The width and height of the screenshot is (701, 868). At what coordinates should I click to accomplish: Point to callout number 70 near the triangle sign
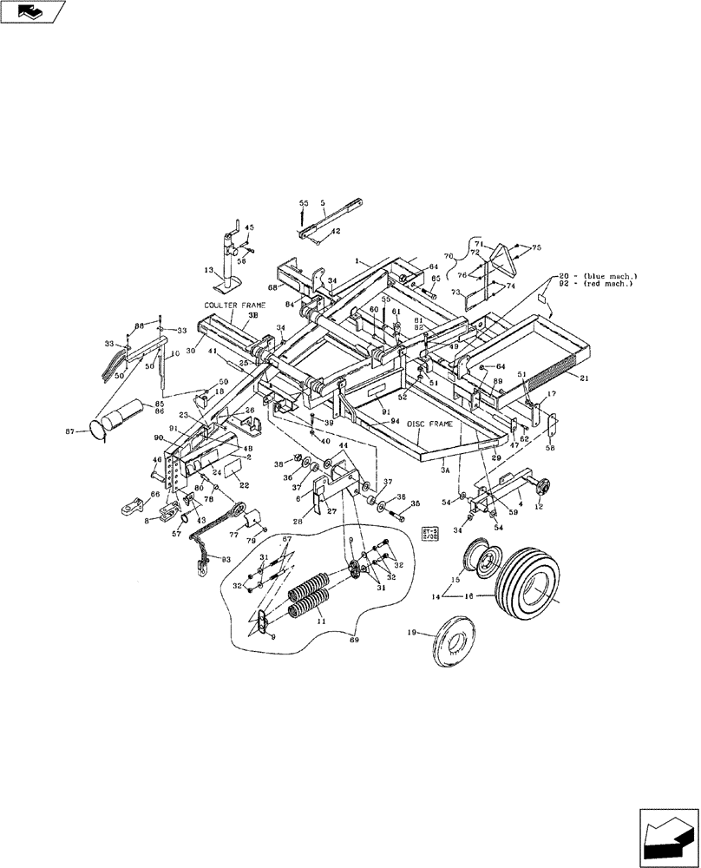(x=450, y=258)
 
